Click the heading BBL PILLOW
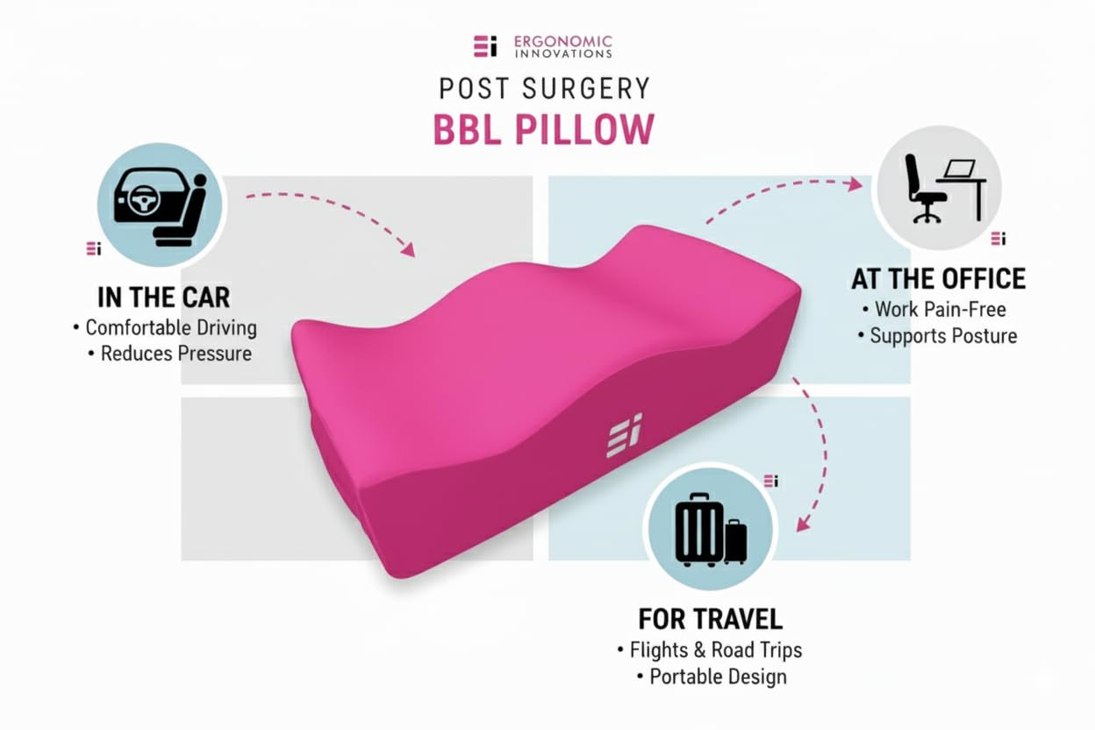point(544,129)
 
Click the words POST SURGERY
point(544,89)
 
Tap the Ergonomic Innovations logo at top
point(542,46)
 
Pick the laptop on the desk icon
point(961,168)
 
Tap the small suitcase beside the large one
point(735,541)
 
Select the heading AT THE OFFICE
point(938,280)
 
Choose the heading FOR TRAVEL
point(710,619)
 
